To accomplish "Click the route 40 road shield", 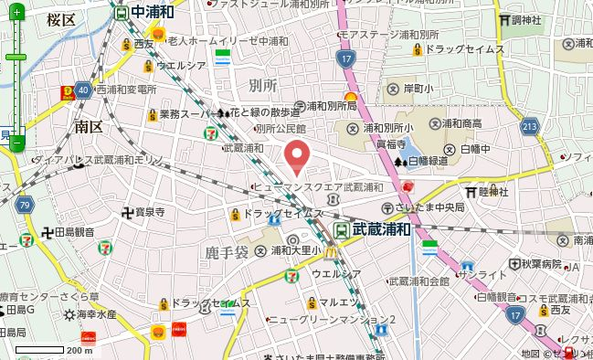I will click(x=83, y=90).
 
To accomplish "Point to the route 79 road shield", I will click(x=25, y=203).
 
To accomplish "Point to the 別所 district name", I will click(x=262, y=85).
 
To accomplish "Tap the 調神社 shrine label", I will click(x=525, y=20).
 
